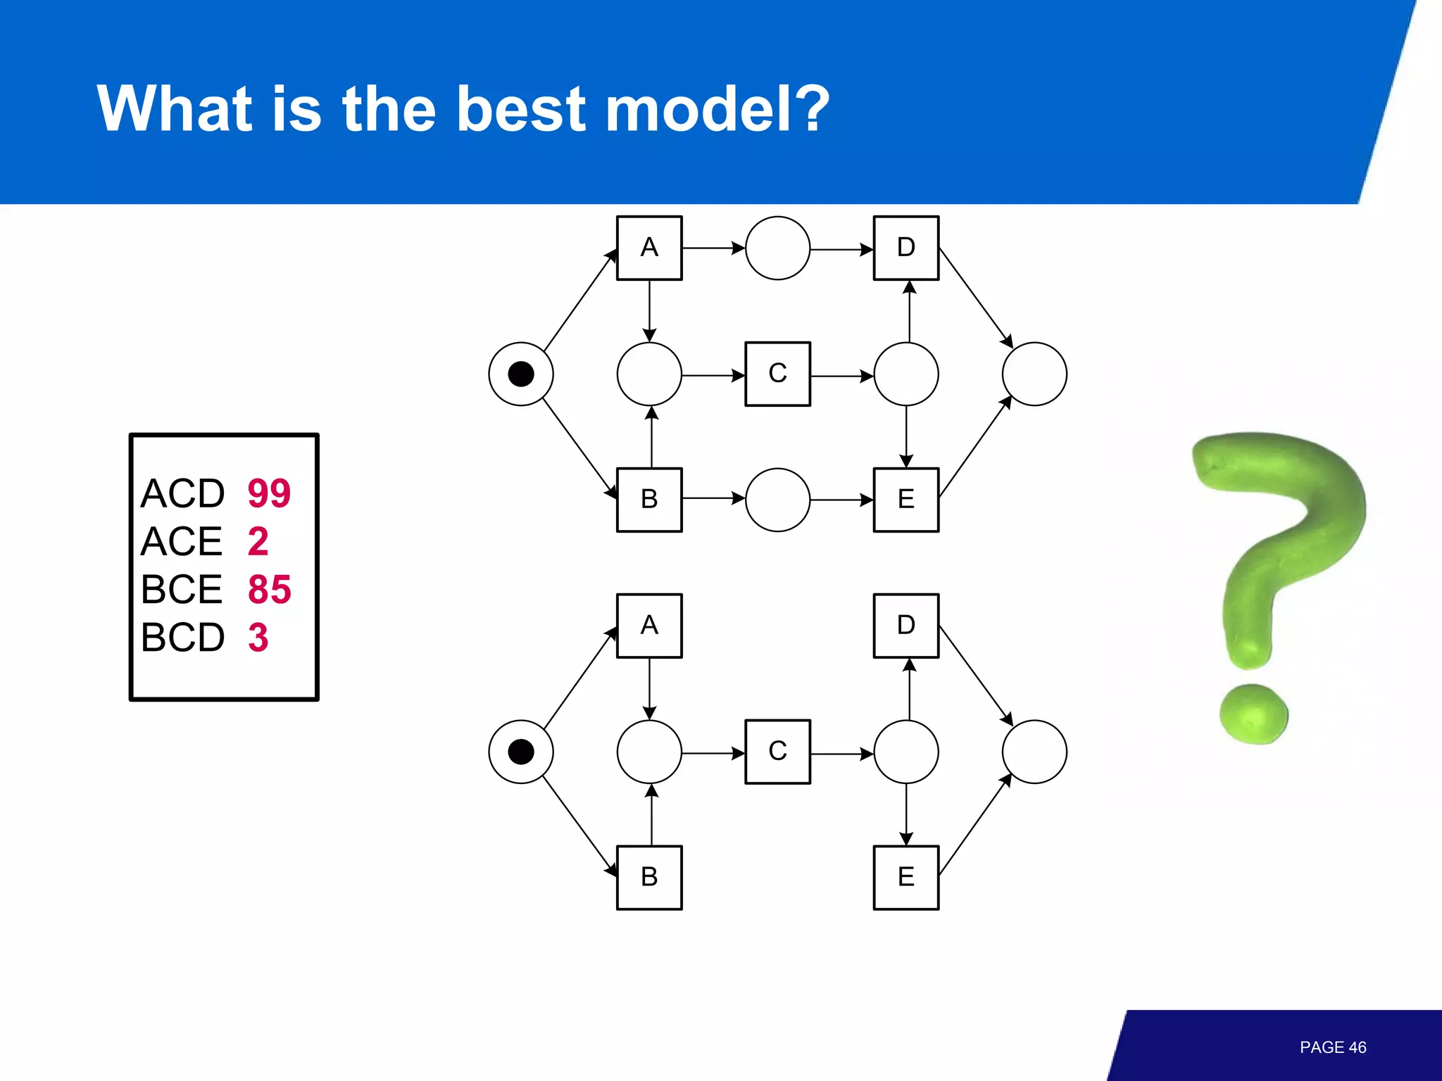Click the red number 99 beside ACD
(x=269, y=493)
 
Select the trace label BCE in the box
(x=182, y=589)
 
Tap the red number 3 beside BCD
(x=258, y=637)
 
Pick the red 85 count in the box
(x=269, y=589)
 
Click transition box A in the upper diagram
(x=649, y=248)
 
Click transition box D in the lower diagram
(x=906, y=626)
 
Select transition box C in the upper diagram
(x=777, y=374)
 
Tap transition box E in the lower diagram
(x=906, y=877)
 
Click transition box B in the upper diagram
(x=649, y=500)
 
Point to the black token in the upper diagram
(x=521, y=374)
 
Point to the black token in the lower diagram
(x=521, y=752)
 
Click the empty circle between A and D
(x=777, y=248)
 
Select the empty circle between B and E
(x=777, y=500)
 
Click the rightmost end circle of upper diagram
(x=1034, y=374)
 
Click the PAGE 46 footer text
(x=1332, y=1047)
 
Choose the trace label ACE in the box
(x=182, y=541)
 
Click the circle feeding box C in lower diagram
(x=649, y=752)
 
